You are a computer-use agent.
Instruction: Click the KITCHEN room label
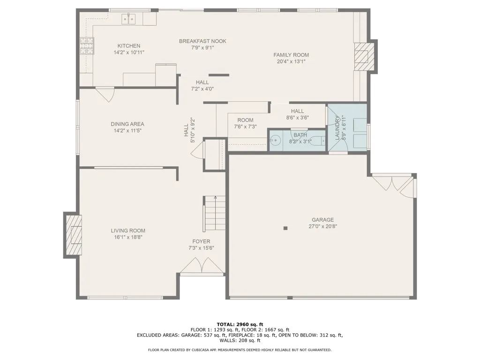pos(129,46)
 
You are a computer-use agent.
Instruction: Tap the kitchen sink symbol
pos(129,19)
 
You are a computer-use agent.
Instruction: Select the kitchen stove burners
pos(87,46)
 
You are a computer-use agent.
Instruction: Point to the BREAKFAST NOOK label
pos(202,41)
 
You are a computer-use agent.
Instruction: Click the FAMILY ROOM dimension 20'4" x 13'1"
pos(291,61)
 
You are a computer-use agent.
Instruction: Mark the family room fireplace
pos(364,57)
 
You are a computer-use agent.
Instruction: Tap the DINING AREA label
pos(127,124)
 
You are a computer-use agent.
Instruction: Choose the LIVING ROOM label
pos(128,231)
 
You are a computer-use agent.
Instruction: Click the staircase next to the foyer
pos(215,214)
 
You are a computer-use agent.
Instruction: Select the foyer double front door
pos(202,265)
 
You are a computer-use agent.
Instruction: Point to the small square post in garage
pos(285,228)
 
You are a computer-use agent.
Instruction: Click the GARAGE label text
pos(322,220)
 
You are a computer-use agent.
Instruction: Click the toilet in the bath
pos(321,141)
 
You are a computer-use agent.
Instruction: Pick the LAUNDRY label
pos(337,127)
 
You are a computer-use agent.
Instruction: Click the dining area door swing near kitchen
pos(105,94)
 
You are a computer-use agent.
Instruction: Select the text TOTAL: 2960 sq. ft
pos(240,324)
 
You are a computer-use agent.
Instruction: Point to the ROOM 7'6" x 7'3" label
pos(245,123)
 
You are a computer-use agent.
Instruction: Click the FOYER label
pos(201,241)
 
